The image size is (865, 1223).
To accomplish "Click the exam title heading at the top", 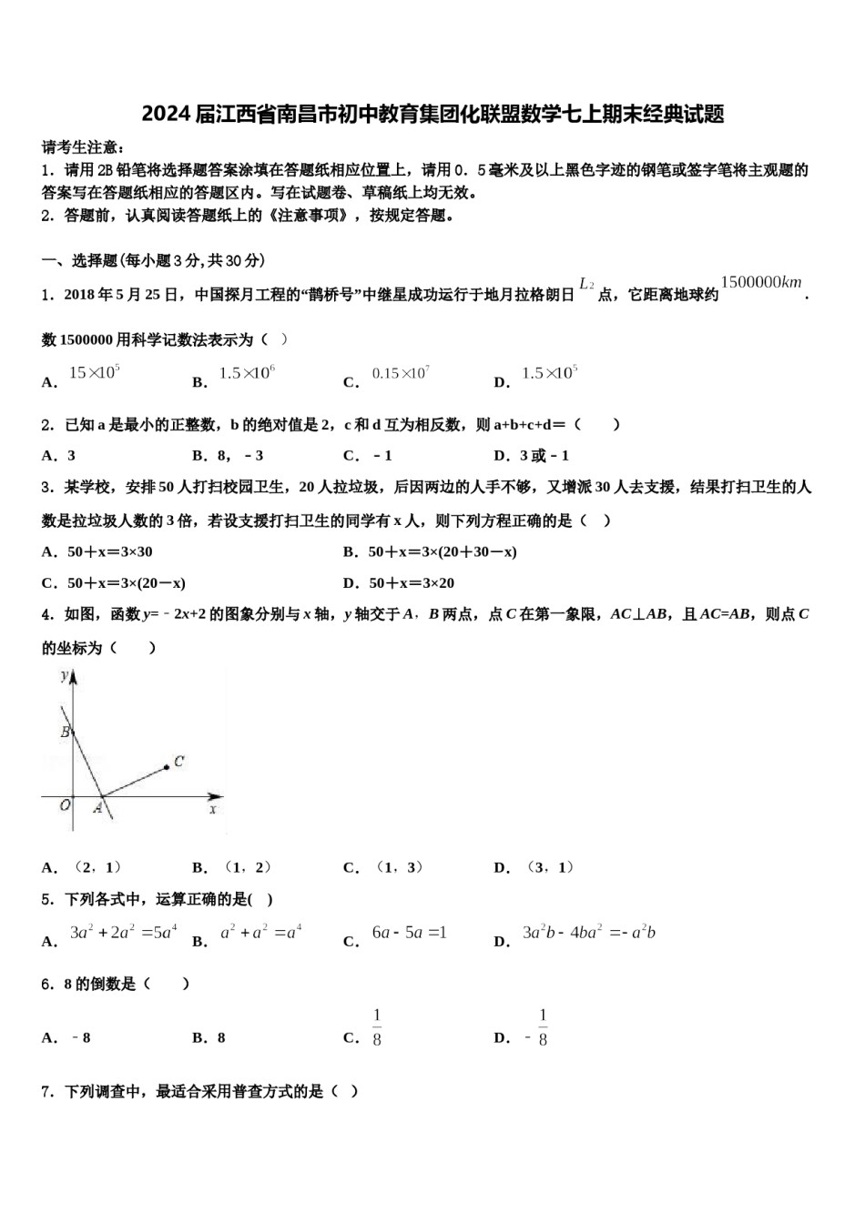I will tap(432, 114).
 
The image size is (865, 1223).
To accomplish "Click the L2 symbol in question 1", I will tap(586, 285).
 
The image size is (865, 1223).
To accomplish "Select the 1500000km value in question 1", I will tap(761, 282).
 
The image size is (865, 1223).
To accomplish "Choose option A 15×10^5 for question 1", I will tap(95, 372).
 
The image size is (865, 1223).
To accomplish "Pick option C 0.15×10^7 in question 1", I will tap(401, 373).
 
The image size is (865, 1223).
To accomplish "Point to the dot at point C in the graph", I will tap(167, 767).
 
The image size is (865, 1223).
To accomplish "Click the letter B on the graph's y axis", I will tap(66, 733).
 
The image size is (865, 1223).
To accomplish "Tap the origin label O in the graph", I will tap(65, 804).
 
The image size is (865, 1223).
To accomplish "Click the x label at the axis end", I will tap(213, 808).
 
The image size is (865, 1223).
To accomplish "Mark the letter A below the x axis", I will tap(97, 808).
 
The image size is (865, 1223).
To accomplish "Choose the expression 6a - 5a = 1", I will tap(409, 933).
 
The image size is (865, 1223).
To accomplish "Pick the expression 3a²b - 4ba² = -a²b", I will tap(588, 933).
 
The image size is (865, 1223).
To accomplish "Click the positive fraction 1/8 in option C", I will tap(377, 1028).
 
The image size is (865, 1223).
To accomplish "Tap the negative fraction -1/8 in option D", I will tap(537, 1028).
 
